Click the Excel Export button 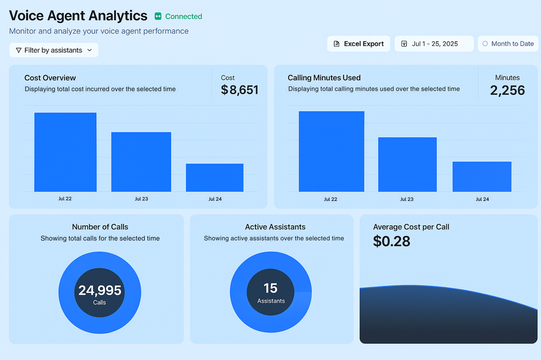pyautogui.click(x=359, y=44)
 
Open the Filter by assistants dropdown pyautogui.click(x=54, y=50)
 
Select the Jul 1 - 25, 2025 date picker pyautogui.click(x=434, y=44)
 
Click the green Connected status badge pyautogui.click(x=178, y=17)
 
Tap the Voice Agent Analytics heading pyautogui.click(x=78, y=16)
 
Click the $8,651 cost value pyautogui.click(x=240, y=90)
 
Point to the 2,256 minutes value pyautogui.click(x=507, y=90)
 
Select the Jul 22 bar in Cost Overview pyautogui.click(x=65, y=152)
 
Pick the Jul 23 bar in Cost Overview pyautogui.click(x=141, y=162)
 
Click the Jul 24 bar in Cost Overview pyautogui.click(x=214, y=177)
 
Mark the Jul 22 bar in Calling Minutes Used pyautogui.click(x=331, y=151)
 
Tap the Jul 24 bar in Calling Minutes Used pyautogui.click(x=481, y=176)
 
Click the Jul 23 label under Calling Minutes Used pyautogui.click(x=406, y=199)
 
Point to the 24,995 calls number pyautogui.click(x=100, y=291)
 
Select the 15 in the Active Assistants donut pyautogui.click(x=270, y=288)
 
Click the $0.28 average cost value pyautogui.click(x=392, y=241)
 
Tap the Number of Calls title pyautogui.click(x=100, y=227)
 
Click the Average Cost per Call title pyautogui.click(x=411, y=227)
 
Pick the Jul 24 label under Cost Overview pyautogui.click(x=215, y=199)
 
